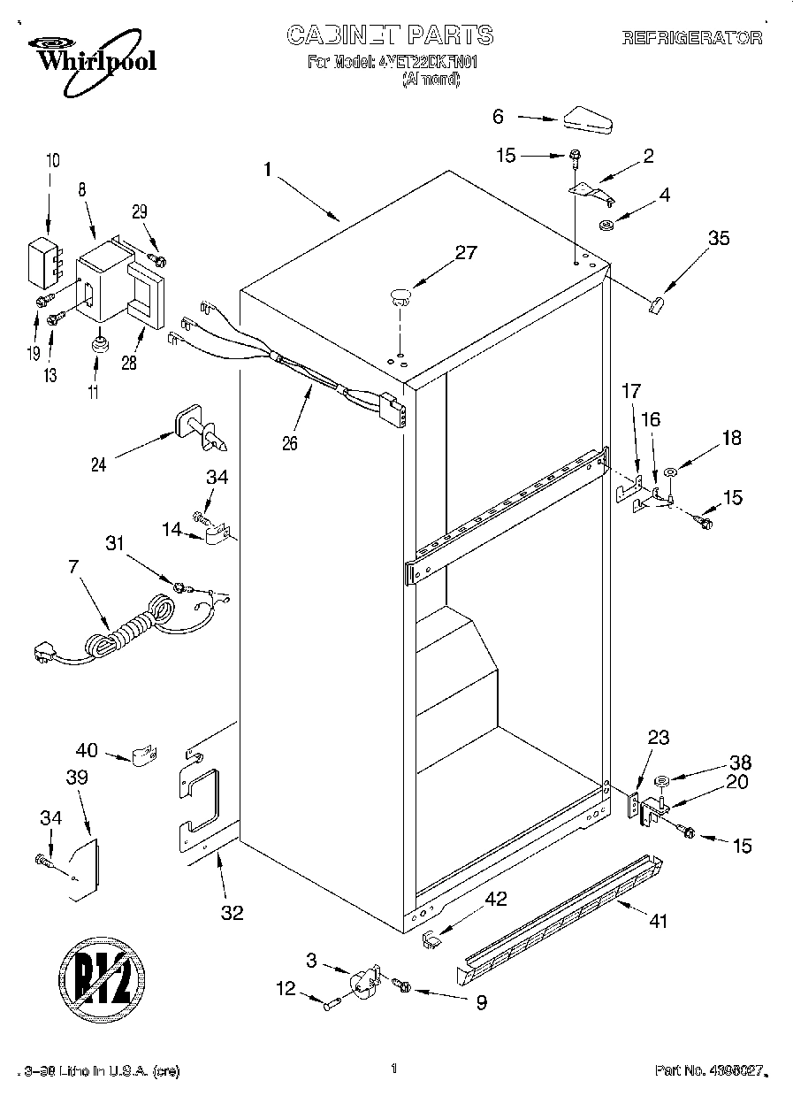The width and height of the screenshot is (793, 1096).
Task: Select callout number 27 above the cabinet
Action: tap(465, 252)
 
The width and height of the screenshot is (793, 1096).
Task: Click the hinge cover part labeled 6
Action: tap(585, 120)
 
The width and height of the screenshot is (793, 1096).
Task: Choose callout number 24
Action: tap(99, 464)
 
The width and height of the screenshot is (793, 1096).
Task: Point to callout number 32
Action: tap(232, 913)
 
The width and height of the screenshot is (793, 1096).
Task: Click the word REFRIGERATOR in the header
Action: tap(692, 37)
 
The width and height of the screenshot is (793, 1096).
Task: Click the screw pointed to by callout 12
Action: tap(332, 1003)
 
